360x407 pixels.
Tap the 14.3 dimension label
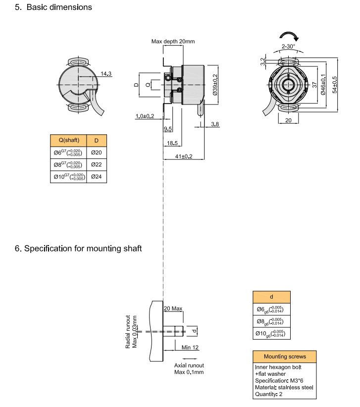click(x=106, y=74)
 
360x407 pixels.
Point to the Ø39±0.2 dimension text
click(x=215, y=84)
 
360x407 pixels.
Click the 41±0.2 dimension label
click(x=184, y=156)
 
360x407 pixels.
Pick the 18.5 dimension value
click(x=172, y=143)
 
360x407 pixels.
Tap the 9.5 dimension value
click(x=167, y=129)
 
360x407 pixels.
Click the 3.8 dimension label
click(x=215, y=124)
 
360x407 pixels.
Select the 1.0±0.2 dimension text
click(x=145, y=116)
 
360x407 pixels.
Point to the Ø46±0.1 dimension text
click(x=323, y=84)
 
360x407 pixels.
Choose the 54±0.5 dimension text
click(x=335, y=84)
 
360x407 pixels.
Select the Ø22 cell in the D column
click(x=96, y=164)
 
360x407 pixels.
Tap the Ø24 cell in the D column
click(x=96, y=176)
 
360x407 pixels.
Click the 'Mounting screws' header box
click(x=285, y=356)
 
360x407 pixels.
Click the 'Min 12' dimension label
click(x=190, y=348)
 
